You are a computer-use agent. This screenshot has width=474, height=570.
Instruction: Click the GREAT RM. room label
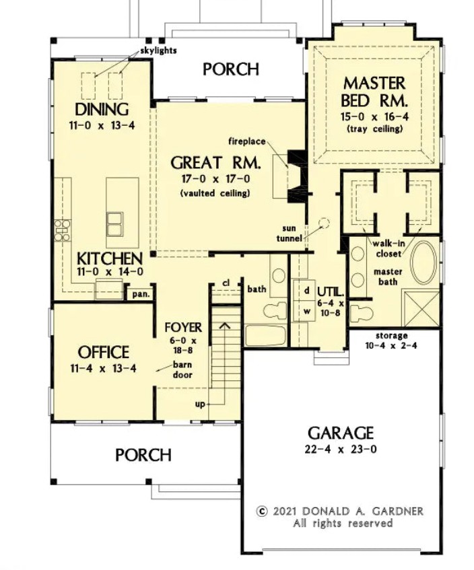(215, 163)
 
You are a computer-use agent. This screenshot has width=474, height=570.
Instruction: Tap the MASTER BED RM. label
(374, 92)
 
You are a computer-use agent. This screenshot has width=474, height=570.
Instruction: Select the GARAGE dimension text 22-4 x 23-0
(341, 450)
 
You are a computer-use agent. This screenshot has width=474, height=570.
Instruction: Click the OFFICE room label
(103, 352)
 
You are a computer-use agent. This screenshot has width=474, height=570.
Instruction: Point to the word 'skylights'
(158, 50)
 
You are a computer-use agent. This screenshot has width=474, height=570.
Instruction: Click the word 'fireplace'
(247, 141)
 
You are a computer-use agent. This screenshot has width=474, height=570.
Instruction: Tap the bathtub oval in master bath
(424, 262)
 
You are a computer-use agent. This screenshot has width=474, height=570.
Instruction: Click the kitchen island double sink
(114, 224)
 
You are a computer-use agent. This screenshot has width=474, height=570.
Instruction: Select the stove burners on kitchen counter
(62, 230)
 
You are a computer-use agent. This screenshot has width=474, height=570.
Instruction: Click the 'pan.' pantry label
(141, 294)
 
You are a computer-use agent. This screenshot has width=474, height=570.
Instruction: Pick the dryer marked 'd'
(304, 290)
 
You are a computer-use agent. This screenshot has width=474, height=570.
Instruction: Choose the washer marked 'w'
(304, 311)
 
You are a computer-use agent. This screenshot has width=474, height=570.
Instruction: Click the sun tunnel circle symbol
(324, 223)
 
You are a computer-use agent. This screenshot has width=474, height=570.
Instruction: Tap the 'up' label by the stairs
(200, 404)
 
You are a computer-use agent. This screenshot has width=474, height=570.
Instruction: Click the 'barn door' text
(182, 369)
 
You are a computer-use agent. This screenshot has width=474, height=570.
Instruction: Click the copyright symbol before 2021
(261, 511)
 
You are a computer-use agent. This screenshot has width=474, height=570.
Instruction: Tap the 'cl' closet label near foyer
(226, 283)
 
